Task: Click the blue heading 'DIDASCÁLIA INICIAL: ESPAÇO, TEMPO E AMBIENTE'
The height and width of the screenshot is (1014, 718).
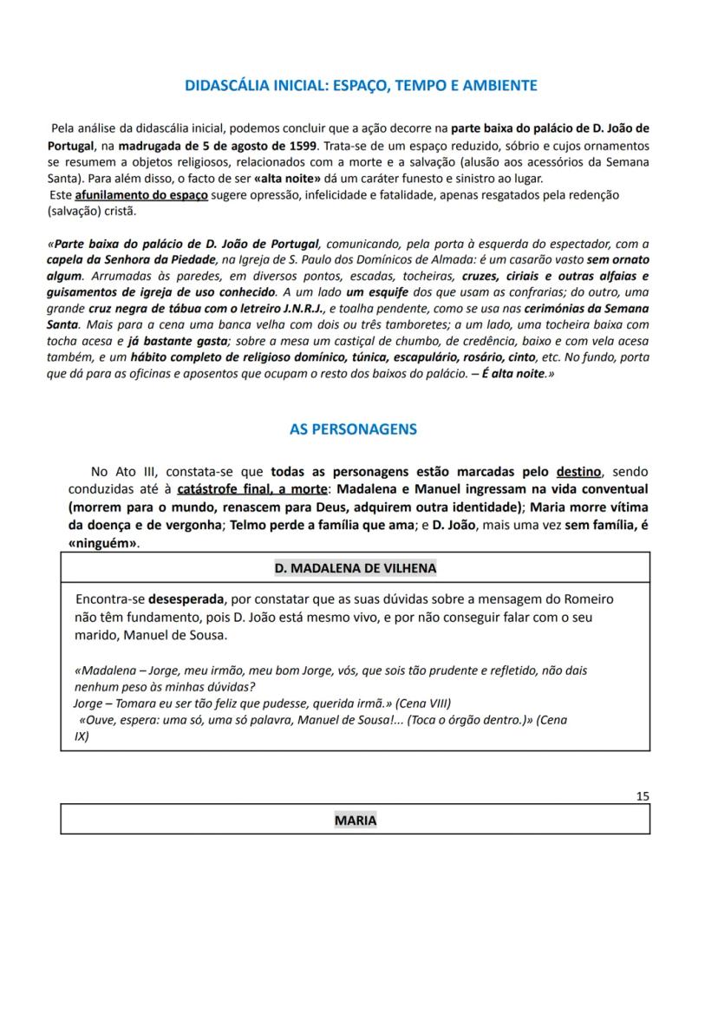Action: [x=361, y=85]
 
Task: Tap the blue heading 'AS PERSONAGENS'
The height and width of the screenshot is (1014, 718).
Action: [x=353, y=429]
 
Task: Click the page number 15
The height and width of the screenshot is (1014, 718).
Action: [x=642, y=795]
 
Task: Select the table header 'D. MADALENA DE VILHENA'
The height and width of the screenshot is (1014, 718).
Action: [x=356, y=568]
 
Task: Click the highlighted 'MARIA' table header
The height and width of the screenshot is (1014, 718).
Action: [x=356, y=820]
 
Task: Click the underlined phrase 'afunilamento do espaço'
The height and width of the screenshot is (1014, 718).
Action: [x=141, y=195]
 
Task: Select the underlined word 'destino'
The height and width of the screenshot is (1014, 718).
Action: [x=578, y=472]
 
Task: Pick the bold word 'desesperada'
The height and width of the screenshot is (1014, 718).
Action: [x=185, y=599]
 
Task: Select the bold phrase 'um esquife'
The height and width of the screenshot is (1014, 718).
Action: [x=377, y=292]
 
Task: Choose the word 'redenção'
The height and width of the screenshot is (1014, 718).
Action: [x=591, y=195]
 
